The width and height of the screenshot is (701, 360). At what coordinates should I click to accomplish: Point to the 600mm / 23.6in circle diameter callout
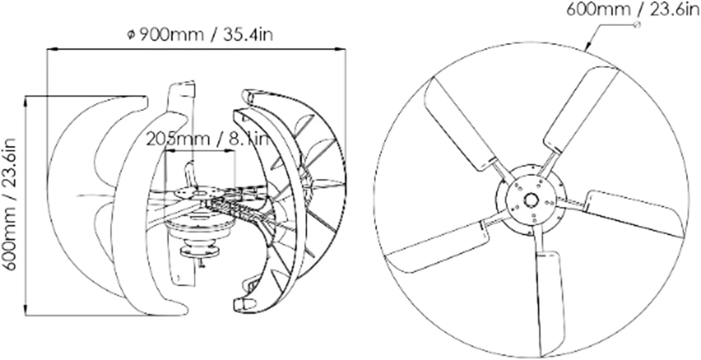[633, 9]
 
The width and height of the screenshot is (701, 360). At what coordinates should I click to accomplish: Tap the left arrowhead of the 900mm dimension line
[50, 49]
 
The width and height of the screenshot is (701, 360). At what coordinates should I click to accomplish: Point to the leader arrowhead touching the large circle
[587, 48]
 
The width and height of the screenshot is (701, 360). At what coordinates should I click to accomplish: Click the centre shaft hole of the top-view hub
[530, 200]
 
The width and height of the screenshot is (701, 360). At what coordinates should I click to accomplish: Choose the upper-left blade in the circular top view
[460, 124]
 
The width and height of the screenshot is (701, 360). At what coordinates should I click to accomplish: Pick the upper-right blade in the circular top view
[582, 110]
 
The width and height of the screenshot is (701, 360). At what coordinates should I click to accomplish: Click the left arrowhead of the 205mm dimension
[167, 152]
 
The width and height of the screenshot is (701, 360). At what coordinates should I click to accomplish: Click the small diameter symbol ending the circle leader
[636, 25]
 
